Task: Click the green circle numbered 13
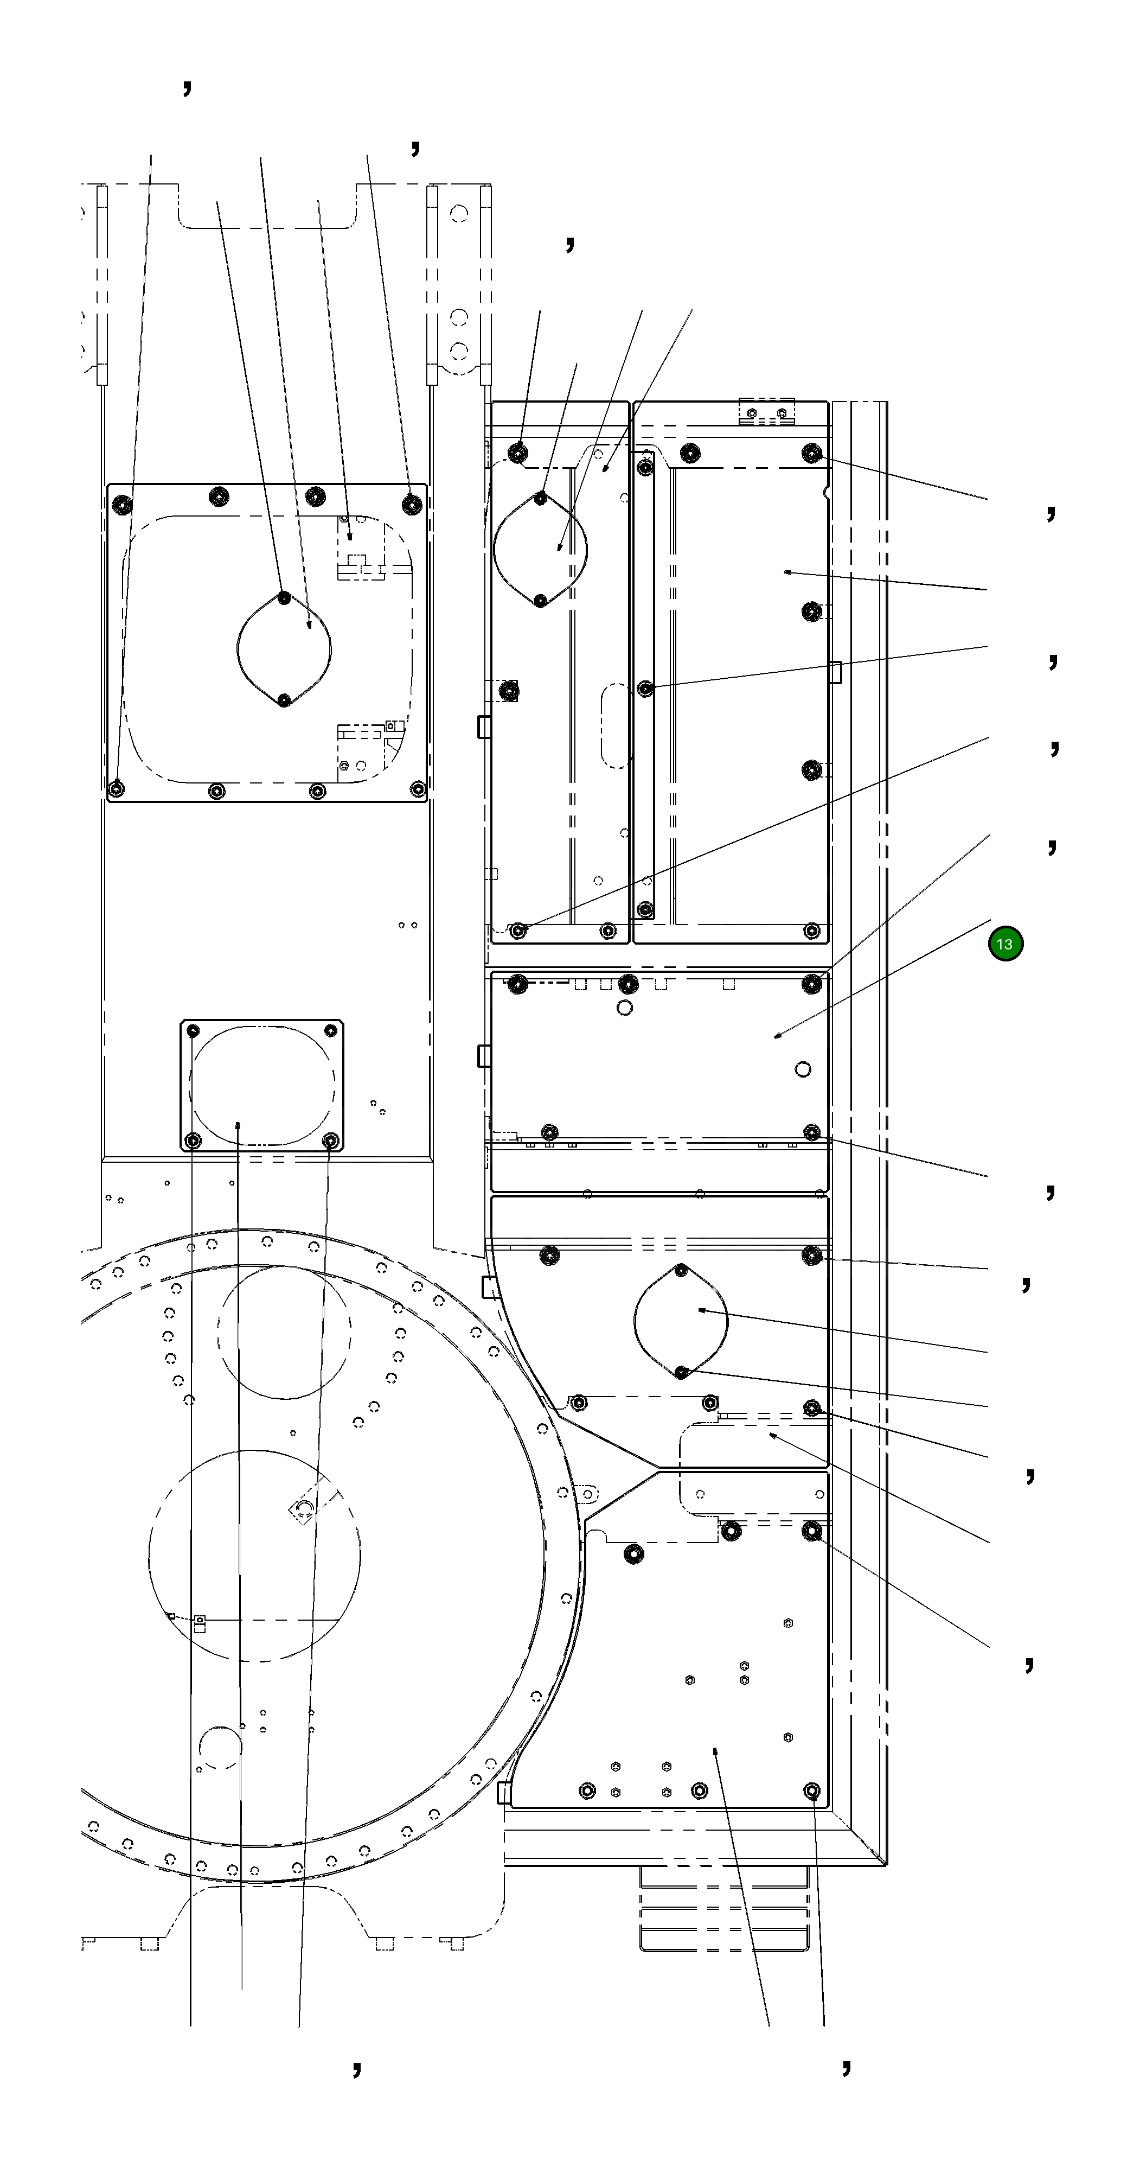(x=1004, y=944)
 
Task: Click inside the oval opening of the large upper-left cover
(x=284, y=648)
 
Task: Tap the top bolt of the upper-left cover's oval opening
(x=284, y=597)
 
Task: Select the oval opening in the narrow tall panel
(x=541, y=549)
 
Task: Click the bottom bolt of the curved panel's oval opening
(x=682, y=1371)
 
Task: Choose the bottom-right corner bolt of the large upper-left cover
(x=418, y=789)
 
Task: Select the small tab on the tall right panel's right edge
(x=835, y=672)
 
